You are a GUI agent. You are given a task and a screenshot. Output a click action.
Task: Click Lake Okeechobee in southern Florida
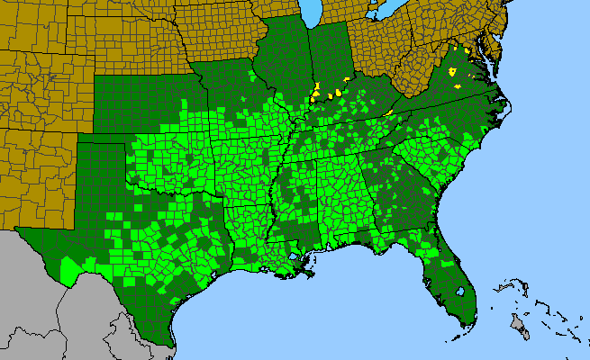[460, 292]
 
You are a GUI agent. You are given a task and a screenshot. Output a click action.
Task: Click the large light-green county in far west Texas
[69, 269]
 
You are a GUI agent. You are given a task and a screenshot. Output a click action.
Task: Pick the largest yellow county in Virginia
[454, 70]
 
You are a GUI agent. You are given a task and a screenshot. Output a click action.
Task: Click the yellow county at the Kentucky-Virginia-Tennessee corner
[388, 112]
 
